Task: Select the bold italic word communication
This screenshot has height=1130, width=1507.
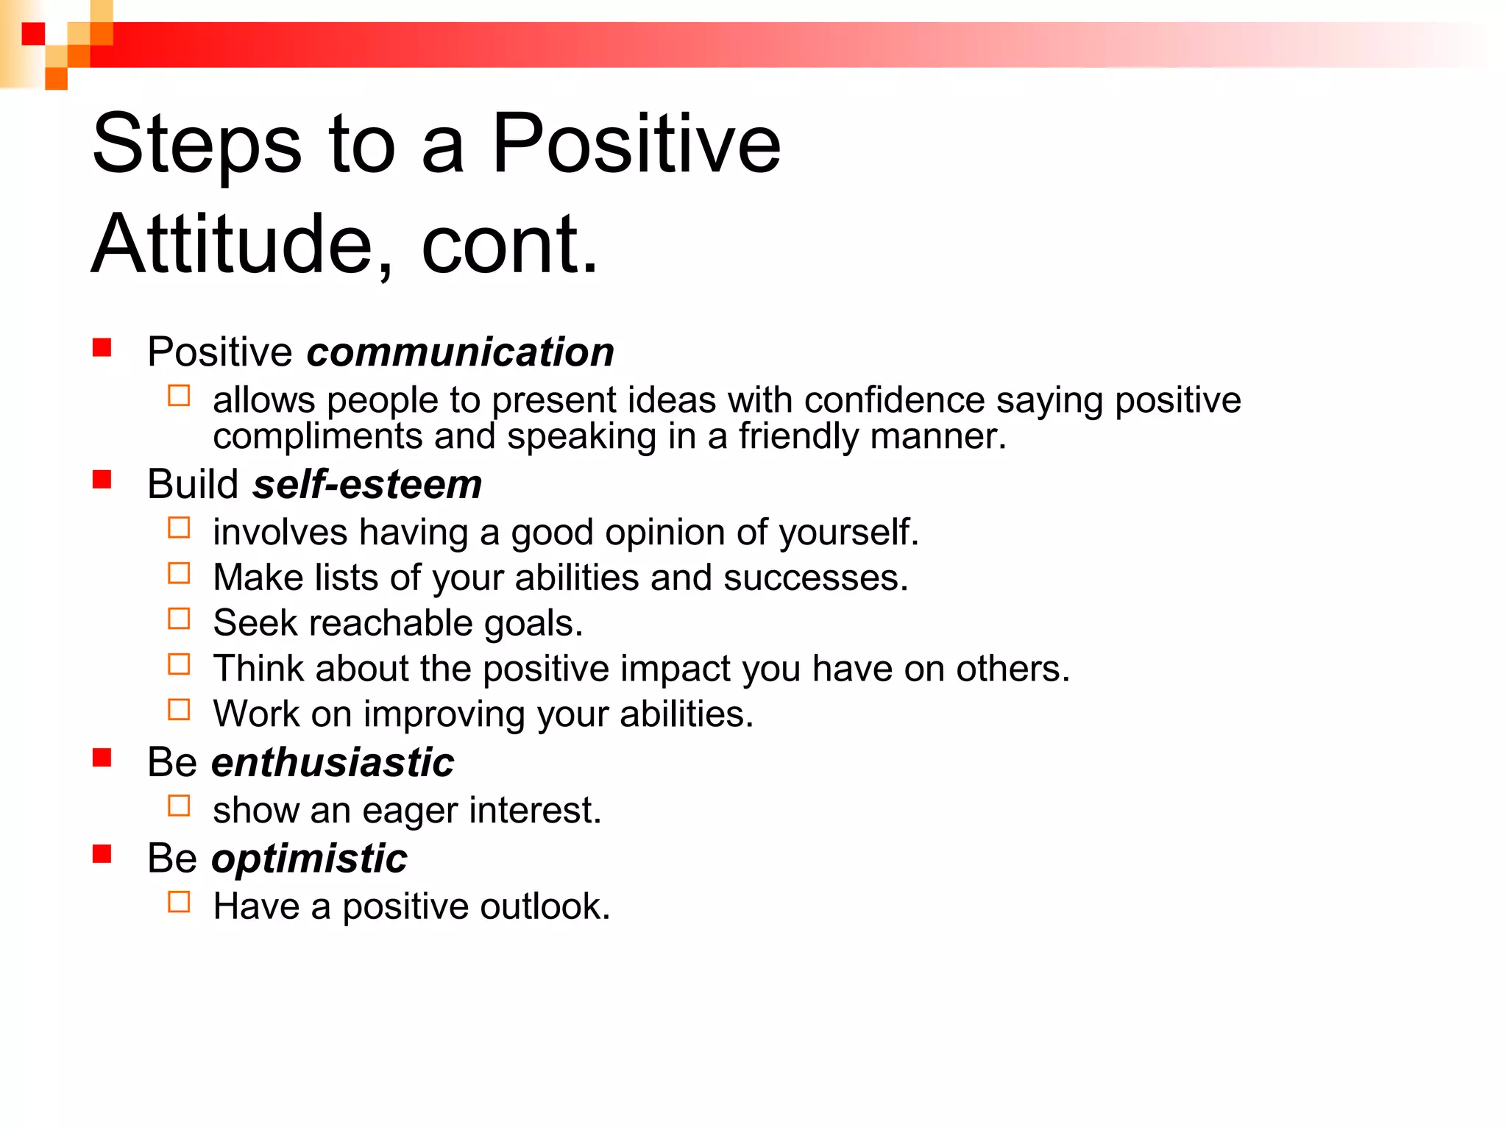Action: pyautogui.click(x=460, y=352)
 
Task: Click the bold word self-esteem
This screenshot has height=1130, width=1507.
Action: pyautogui.click(x=366, y=485)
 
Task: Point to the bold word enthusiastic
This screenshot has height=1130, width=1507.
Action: pyautogui.click(x=333, y=762)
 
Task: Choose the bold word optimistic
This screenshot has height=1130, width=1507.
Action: pyautogui.click(x=309, y=859)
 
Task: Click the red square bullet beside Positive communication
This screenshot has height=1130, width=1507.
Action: pyautogui.click(x=102, y=347)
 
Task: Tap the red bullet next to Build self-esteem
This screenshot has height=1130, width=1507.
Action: pyautogui.click(x=102, y=480)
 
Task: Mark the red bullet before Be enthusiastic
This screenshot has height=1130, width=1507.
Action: pyautogui.click(x=102, y=758)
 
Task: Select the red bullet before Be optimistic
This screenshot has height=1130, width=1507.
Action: pyautogui.click(x=102, y=854)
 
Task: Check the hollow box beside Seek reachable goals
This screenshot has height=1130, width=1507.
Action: pyautogui.click(x=179, y=619)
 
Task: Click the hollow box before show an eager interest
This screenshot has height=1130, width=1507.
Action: pyautogui.click(x=179, y=806)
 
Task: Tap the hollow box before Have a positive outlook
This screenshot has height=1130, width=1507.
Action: pyautogui.click(x=179, y=902)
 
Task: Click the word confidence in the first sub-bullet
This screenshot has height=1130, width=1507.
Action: pyautogui.click(x=894, y=401)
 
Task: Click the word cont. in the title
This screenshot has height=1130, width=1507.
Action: pyautogui.click(x=510, y=245)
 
